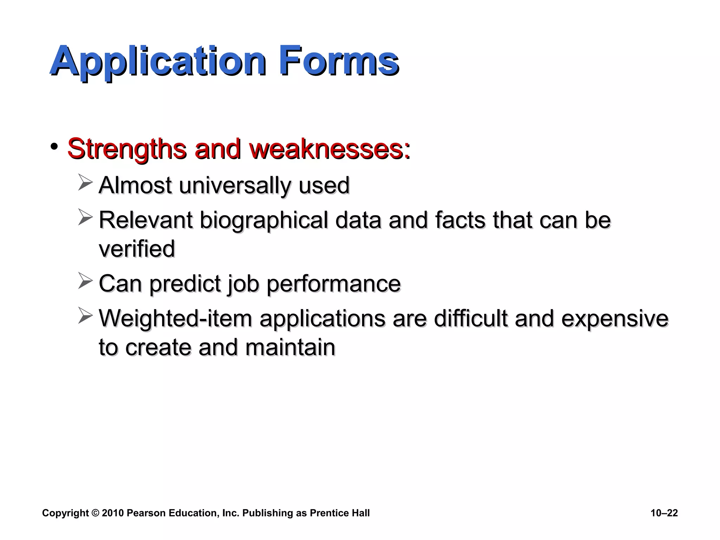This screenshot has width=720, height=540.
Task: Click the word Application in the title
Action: [158, 62]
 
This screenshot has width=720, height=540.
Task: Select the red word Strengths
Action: [127, 149]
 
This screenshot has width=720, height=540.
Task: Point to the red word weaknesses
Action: [329, 149]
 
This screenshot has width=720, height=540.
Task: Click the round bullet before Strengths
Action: [54, 147]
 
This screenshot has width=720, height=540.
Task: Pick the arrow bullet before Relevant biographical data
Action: [85, 217]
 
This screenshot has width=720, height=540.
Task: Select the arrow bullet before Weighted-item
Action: [85, 315]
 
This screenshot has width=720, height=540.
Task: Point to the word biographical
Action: [264, 220]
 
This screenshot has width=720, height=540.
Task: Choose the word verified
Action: [137, 249]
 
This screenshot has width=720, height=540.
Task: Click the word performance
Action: [334, 284]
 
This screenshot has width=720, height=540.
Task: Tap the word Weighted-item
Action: [175, 319]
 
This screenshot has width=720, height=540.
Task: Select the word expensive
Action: [615, 319]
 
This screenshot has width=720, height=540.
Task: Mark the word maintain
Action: [290, 347]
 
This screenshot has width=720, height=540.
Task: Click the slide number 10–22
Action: [664, 513]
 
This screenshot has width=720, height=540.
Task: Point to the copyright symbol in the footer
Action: [95, 513]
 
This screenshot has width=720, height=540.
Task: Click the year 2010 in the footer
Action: [113, 513]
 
